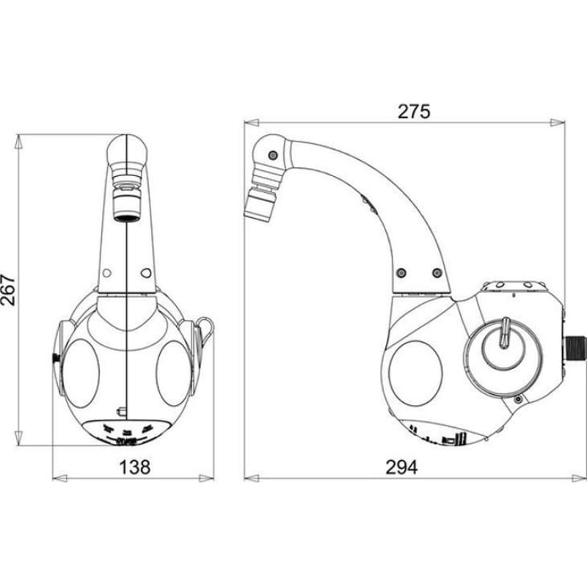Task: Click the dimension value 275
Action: (x=414, y=112)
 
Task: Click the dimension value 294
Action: (x=401, y=467)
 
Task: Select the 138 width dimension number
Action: (x=135, y=467)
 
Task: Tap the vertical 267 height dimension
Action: (x=8, y=290)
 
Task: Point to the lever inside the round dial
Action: (x=505, y=331)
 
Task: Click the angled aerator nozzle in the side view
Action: (x=259, y=204)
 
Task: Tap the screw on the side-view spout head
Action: (x=273, y=155)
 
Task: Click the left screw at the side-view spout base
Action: (x=401, y=272)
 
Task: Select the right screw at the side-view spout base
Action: (x=437, y=272)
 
